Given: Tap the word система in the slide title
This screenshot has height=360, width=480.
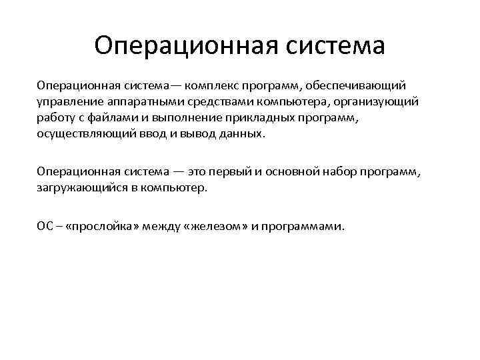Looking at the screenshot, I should pos(333,46).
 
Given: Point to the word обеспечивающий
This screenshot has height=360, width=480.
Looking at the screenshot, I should pos(361,85).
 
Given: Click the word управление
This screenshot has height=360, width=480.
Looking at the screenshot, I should pos(68,101).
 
